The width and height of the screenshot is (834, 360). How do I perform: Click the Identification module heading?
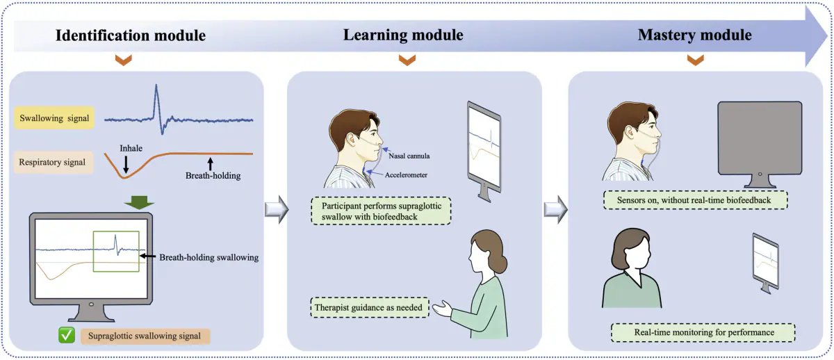pyautogui.click(x=131, y=35)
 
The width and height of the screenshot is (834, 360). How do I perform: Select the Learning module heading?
pyautogui.click(x=403, y=35)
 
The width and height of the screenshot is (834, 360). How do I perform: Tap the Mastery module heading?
pyautogui.click(x=695, y=35)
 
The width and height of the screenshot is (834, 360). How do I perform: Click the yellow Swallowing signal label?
pyautogui.click(x=54, y=118)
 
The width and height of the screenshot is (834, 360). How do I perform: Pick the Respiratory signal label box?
pyautogui.click(x=54, y=162)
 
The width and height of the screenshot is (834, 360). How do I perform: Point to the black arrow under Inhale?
pyautogui.click(x=126, y=164)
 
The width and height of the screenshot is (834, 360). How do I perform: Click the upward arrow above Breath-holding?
pyautogui.click(x=211, y=164)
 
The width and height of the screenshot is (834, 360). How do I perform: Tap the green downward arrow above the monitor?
pyautogui.click(x=139, y=202)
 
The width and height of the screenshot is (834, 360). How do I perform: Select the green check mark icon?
pyautogui.click(x=67, y=336)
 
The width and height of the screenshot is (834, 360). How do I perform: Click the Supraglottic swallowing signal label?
pyautogui.click(x=145, y=336)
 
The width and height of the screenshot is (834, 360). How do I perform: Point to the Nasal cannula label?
pyautogui.click(x=409, y=156)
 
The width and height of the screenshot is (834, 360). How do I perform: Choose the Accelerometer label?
pyautogui.click(x=406, y=175)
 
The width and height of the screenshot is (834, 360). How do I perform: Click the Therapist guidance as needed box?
pyautogui.click(x=370, y=307)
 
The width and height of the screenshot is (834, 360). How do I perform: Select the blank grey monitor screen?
pyautogui.click(x=760, y=138)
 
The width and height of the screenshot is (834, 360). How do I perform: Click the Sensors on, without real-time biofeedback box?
pyautogui.click(x=695, y=200)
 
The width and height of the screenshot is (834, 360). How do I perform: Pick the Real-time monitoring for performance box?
pyautogui.click(x=703, y=332)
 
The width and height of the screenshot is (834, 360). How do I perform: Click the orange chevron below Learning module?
pyautogui.click(x=407, y=60)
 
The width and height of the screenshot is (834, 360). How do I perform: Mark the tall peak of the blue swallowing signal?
pyautogui.click(x=156, y=85)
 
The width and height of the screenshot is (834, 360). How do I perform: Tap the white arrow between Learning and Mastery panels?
pyautogui.click(x=555, y=210)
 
